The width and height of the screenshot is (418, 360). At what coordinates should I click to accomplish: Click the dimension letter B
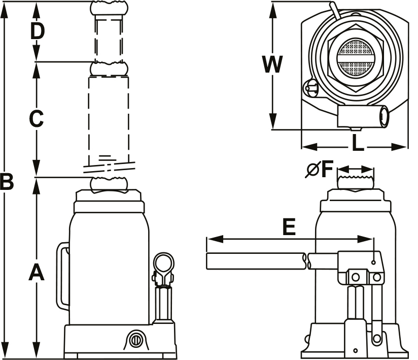(x=7, y=182)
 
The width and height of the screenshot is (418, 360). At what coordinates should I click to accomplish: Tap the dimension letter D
(x=37, y=31)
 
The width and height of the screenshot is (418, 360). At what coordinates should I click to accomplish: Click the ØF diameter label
(x=319, y=170)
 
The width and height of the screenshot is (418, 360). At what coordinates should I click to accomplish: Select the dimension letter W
(x=272, y=65)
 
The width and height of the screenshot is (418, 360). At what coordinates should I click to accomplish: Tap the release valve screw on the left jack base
(x=135, y=339)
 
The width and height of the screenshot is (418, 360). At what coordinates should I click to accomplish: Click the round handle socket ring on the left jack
(x=164, y=264)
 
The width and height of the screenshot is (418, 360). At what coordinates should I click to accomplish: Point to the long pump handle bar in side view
(x=256, y=261)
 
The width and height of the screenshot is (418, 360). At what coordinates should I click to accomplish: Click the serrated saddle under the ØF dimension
(x=356, y=181)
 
